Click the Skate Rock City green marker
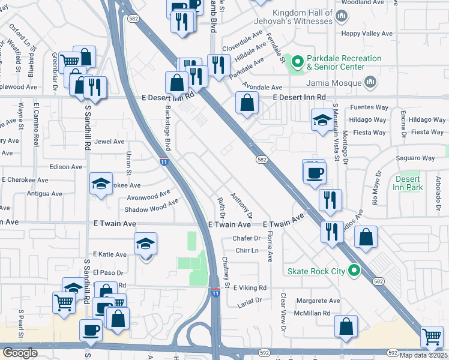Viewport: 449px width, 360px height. click(354, 271)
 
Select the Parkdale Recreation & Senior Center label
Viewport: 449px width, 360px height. click(343, 62)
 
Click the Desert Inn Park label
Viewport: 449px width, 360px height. click(409, 183)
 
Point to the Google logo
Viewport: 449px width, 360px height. click(20, 353)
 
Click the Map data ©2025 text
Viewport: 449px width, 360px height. click(423, 355)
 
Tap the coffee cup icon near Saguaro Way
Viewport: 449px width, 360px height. click(315, 173)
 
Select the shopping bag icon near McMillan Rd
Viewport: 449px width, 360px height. click(346, 326)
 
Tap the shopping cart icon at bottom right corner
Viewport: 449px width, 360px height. click(432, 337)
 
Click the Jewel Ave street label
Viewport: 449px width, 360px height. click(110, 142)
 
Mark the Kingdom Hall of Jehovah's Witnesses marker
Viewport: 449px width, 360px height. click(342, 17)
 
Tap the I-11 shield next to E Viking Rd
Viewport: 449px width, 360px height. click(215, 292)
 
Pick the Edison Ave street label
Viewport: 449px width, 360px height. click(66, 167)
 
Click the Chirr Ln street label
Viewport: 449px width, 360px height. click(246, 250)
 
